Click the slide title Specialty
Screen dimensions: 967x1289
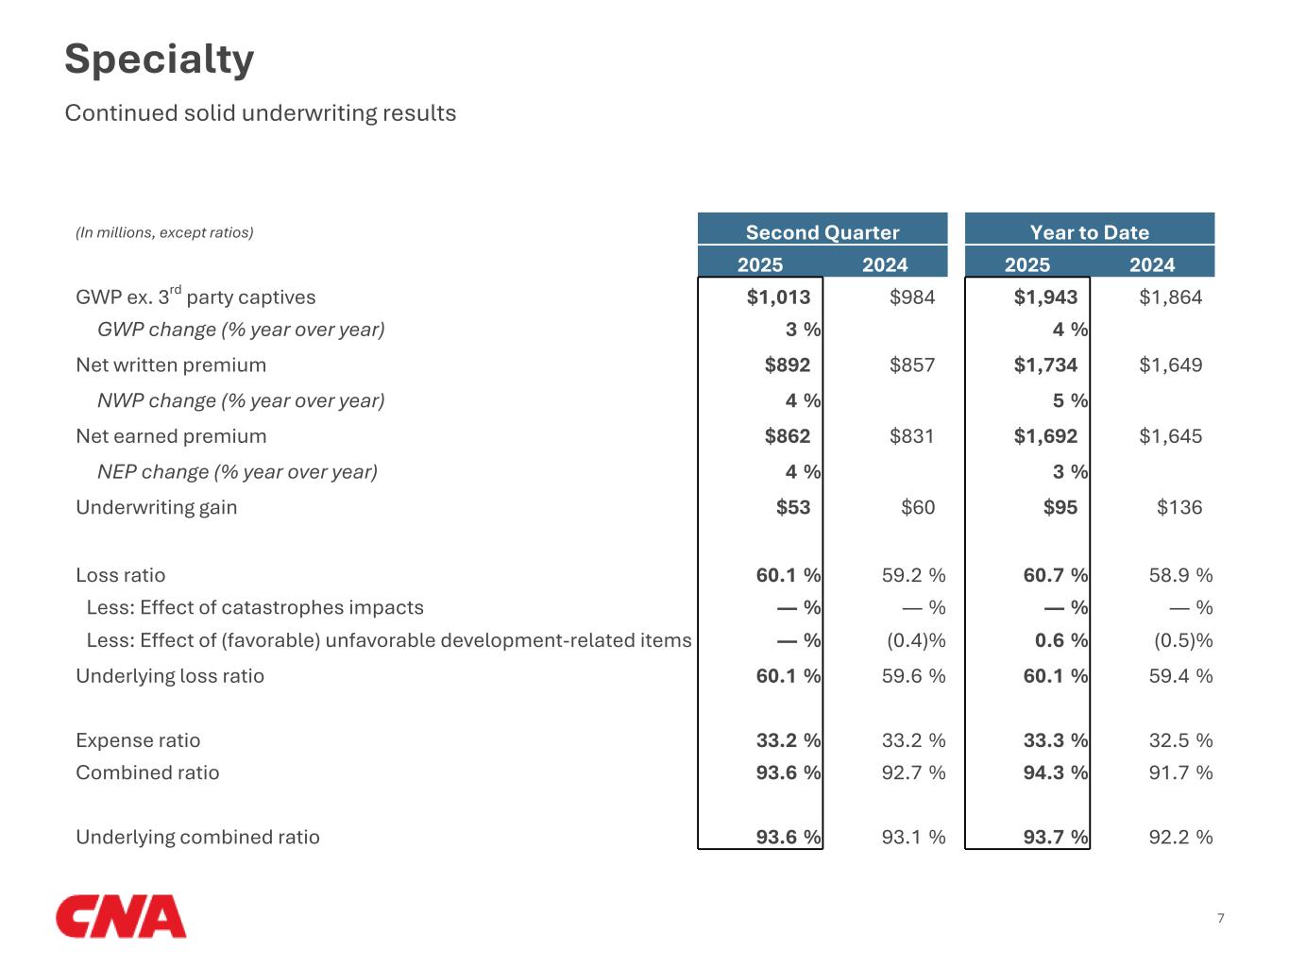[159, 59]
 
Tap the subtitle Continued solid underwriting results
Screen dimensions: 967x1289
[260, 113]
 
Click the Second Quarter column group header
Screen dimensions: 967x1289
[822, 232]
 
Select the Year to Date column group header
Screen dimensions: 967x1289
[1089, 232]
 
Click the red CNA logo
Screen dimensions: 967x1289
[121, 916]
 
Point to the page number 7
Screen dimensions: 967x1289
[1220, 918]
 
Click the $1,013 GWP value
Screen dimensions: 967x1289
[778, 297]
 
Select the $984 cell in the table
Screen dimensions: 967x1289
[912, 297]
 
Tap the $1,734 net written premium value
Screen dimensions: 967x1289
[1045, 365]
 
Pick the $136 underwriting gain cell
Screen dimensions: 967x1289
[1179, 508]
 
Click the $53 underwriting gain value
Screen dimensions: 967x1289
[793, 508]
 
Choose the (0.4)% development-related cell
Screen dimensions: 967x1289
[915, 641]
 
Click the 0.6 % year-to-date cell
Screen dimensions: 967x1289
[1060, 641]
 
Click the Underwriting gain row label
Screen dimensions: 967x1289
[156, 508]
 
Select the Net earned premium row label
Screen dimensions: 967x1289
[171, 436]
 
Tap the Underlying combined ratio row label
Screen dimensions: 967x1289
[197, 838]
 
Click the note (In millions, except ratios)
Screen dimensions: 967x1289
[164, 232]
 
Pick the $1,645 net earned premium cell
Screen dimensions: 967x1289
[1170, 436]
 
